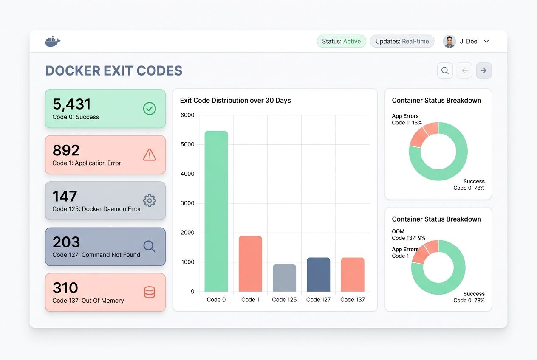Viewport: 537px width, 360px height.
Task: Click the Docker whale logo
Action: coord(53,41)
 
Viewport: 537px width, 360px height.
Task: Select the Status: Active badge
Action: coord(341,41)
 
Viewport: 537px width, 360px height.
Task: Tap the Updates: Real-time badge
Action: coord(402,41)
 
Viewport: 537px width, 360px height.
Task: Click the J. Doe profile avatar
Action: coord(449,41)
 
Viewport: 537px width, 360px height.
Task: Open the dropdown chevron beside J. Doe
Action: coord(486,41)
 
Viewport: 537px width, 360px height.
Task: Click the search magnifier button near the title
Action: coord(445,70)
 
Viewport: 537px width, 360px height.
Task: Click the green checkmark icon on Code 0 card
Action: coord(149,109)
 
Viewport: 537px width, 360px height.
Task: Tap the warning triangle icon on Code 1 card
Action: coord(149,155)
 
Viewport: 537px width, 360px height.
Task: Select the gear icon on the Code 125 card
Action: coord(149,200)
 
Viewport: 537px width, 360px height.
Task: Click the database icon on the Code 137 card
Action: coord(149,292)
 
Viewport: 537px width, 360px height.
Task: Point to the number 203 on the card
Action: coord(66,242)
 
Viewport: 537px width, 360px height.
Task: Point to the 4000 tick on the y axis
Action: coord(187,174)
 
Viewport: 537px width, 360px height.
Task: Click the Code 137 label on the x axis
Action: coord(353,299)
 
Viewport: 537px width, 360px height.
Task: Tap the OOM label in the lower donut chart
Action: coord(398,231)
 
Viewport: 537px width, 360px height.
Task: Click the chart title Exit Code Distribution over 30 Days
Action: coord(235,101)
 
